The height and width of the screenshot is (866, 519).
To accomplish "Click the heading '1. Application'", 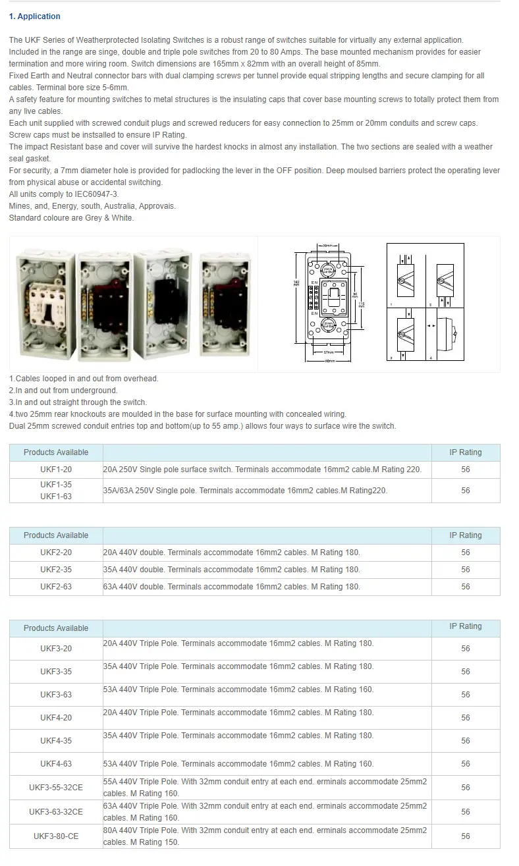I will (x=35, y=16).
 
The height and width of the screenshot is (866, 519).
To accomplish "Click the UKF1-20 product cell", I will (x=56, y=470).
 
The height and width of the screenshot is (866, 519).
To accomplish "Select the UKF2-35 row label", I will (x=56, y=570).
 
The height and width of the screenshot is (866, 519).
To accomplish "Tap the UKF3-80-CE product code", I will (x=56, y=836).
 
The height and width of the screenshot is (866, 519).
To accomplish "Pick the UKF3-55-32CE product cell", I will (x=56, y=788).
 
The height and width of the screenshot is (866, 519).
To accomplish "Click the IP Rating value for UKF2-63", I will (x=466, y=587).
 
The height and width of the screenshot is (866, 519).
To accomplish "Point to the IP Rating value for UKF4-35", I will (x=466, y=741).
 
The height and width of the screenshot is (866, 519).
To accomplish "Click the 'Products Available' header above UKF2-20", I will (x=56, y=535).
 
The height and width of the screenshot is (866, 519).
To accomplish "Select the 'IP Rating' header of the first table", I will (x=466, y=452).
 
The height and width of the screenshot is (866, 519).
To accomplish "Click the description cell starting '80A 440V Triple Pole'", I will (x=265, y=836).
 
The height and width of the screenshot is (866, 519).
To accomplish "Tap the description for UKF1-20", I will (x=262, y=470).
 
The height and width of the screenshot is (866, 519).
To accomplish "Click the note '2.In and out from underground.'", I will (x=63, y=391).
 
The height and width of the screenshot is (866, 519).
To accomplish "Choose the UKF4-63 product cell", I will (x=56, y=764).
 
